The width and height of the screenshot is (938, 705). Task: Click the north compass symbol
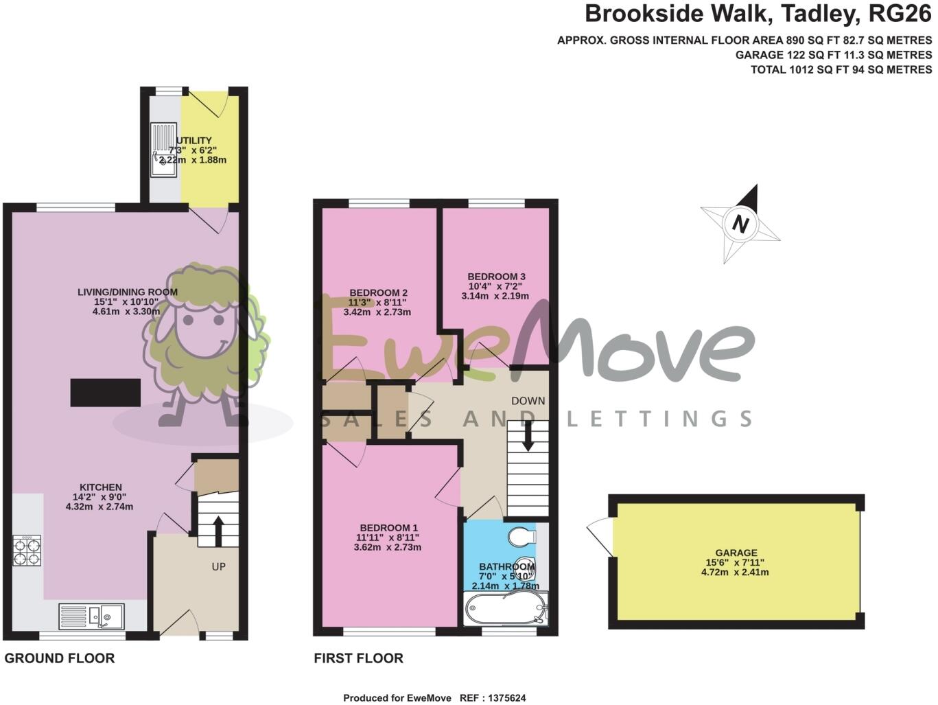point(740,224)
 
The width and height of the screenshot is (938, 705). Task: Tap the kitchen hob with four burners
point(27,551)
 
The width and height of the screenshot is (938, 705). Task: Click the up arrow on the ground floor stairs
point(218,529)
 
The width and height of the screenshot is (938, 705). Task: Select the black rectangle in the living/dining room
point(106,393)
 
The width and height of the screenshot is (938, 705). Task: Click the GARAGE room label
point(736,553)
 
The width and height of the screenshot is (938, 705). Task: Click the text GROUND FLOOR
point(60,659)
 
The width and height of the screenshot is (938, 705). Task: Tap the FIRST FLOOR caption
point(358,659)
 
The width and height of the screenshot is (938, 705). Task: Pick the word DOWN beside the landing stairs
point(528,401)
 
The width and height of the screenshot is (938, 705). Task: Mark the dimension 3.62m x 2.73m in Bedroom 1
point(387,548)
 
